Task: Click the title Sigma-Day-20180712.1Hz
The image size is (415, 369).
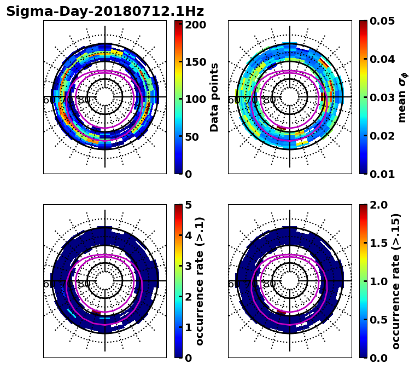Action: coord(105,11)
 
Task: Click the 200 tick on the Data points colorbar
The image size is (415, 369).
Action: coord(195,25)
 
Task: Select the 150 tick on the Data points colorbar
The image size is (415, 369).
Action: coord(195,62)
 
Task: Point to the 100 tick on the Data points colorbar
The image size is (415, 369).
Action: coord(195,99)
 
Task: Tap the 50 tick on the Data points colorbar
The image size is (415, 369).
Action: coord(191,137)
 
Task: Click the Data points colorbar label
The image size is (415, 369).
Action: coord(214,97)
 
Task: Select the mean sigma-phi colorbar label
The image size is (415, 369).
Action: coord(402,97)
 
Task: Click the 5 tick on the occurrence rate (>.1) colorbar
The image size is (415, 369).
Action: coord(188,205)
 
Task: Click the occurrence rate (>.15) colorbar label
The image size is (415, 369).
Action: coord(396,281)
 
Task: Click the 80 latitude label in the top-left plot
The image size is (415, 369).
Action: coord(84,100)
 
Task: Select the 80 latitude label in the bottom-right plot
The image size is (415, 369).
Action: coord(269,284)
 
